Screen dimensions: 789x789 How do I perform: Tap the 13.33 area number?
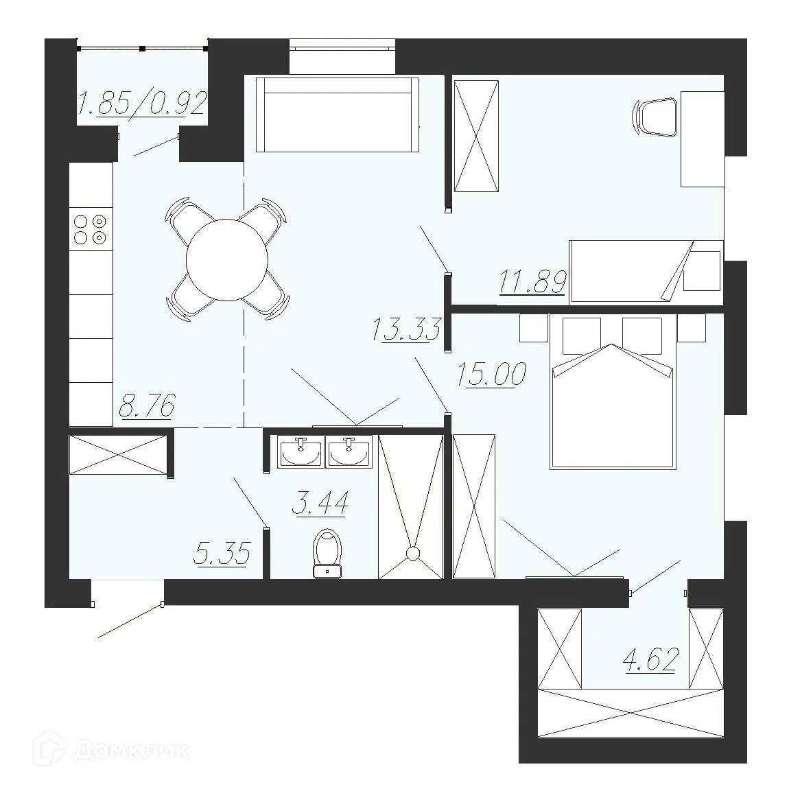405,329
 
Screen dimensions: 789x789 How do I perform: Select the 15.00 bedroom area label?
491,376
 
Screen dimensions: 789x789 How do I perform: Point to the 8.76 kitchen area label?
147,405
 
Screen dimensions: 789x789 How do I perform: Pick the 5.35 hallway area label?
222,553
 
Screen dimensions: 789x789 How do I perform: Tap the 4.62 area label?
650,660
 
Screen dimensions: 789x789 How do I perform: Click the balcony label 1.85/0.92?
143,104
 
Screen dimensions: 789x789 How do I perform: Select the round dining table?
226,260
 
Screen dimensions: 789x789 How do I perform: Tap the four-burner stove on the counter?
90,229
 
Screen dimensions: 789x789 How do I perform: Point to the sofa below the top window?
337,115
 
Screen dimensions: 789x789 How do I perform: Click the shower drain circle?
413,554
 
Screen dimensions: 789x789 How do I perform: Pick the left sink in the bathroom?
300,453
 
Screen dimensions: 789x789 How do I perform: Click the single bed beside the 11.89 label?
645,271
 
